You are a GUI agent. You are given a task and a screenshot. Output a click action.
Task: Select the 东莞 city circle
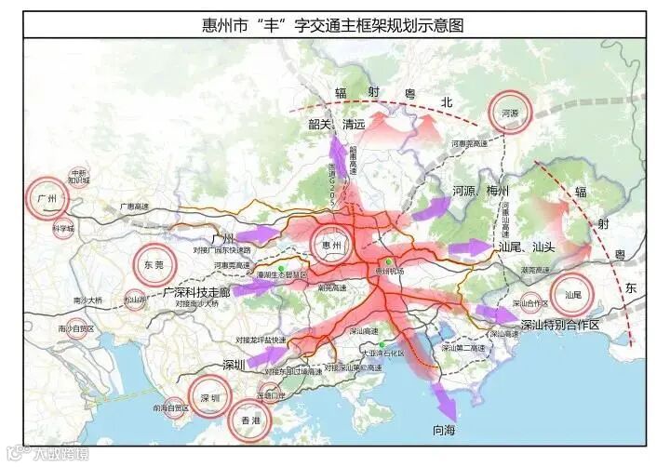(154, 264)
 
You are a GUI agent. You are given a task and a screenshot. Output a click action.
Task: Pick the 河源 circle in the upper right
(510, 113)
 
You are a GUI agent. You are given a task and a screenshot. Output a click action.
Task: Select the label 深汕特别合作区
(558, 325)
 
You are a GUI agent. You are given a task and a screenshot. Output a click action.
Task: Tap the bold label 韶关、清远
(331, 123)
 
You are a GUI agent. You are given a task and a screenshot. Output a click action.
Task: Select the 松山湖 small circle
(135, 300)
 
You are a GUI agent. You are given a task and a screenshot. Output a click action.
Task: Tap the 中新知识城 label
(79, 178)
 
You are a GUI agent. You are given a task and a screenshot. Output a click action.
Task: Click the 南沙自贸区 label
(75, 328)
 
